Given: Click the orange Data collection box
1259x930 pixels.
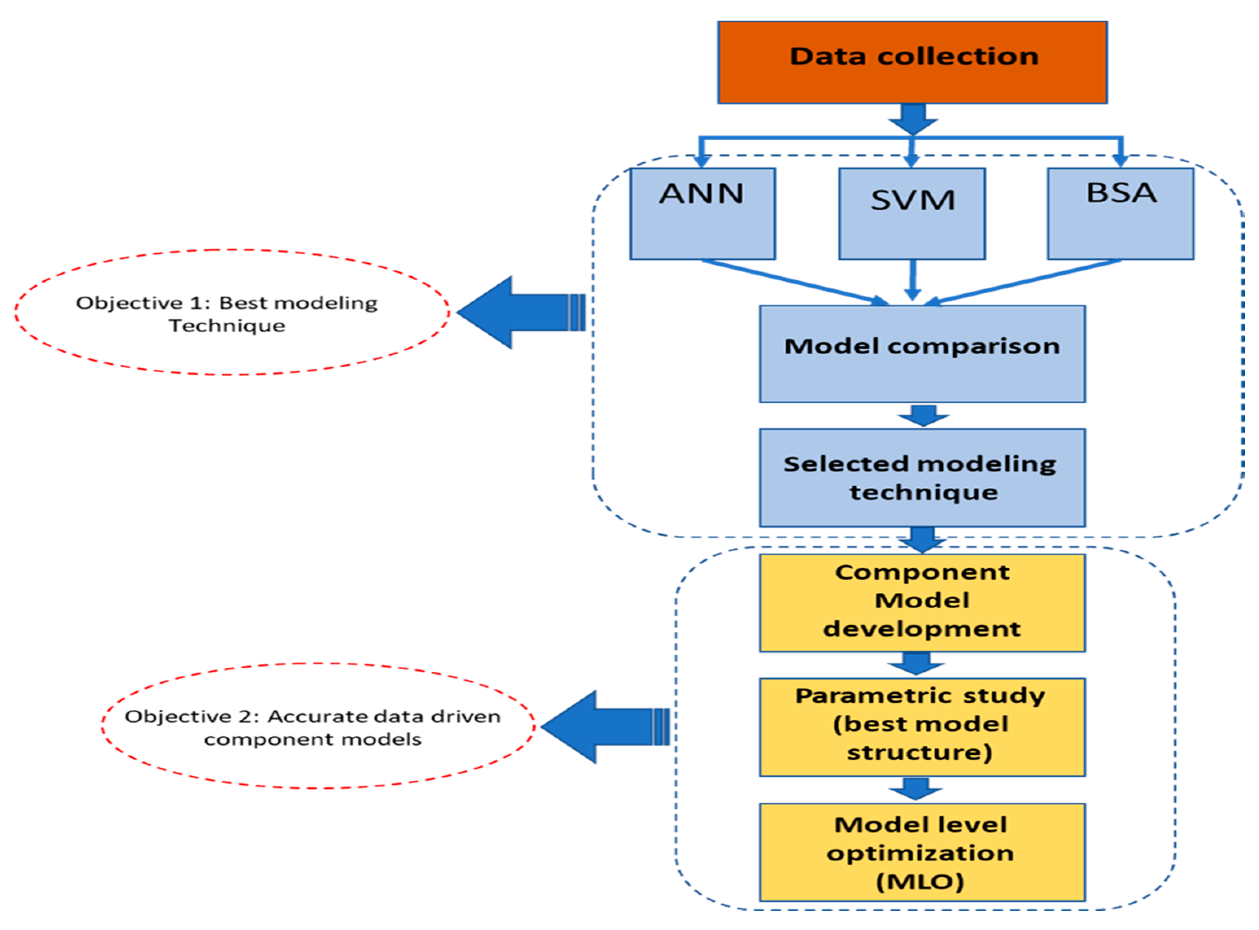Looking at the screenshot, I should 912,62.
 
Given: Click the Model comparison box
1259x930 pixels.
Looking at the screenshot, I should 922,354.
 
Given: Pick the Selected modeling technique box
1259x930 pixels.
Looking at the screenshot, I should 922,477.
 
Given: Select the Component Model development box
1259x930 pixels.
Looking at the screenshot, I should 922,603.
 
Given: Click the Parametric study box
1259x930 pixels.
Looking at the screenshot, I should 922,726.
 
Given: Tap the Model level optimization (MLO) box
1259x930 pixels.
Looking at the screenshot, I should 922,852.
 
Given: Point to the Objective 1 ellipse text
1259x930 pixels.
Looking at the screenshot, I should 227,314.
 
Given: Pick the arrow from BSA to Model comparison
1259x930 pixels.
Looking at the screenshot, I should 1023,282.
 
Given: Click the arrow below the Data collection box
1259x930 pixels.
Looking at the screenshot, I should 913,119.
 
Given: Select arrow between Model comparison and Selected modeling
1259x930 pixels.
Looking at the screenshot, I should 923,415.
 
